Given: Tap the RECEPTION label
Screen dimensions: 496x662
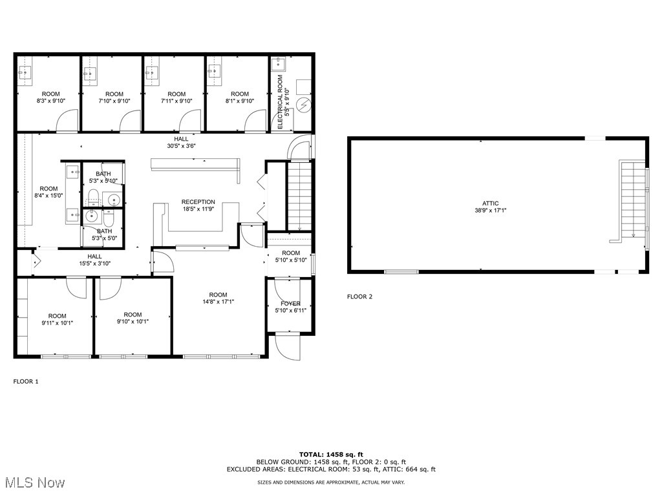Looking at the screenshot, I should tap(198, 202).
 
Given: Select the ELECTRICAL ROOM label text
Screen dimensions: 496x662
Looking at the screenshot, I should tap(281, 101).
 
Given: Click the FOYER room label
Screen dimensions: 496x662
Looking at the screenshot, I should tap(290, 304).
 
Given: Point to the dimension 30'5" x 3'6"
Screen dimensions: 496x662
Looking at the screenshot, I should tap(181, 146).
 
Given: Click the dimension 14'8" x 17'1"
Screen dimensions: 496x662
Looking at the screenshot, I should tap(218, 301).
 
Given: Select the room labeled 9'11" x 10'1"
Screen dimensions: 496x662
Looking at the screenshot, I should tap(57, 319).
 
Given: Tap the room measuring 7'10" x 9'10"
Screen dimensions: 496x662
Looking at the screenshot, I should tap(114, 98).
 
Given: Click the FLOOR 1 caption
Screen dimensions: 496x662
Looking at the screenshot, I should tap(26, 382).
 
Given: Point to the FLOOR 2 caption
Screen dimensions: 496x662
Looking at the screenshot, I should tap(359, 297).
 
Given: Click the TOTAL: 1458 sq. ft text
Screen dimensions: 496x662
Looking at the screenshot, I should tap(330, 454).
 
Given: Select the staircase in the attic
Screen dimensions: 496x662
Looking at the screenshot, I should tap(632, 200).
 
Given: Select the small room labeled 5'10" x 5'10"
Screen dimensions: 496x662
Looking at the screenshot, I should tap(290, 256).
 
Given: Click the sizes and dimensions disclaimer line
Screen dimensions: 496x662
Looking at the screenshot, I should tap(330, 482).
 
